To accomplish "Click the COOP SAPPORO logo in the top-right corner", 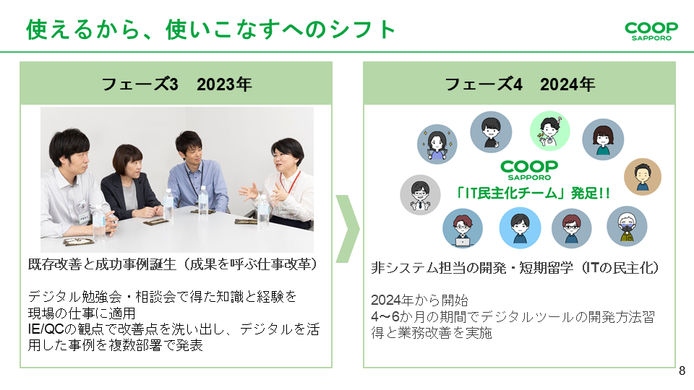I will click(x=651, y=30).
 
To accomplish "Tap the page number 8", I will click(x=682, y=372).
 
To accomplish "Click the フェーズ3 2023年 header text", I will click(x=176, y=84).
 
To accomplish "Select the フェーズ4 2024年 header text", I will click(x=519, y=84).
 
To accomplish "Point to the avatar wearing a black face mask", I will click(x=627, y=226).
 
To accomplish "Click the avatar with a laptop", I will click(x=463, y=229).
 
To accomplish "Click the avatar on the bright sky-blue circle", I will click(x=520, y=228).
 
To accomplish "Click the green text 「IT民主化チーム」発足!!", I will click(x=519, y=194).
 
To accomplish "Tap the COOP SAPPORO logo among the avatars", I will click(x=528, y=170).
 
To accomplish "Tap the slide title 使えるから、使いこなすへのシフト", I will click(x=211, y=30).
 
